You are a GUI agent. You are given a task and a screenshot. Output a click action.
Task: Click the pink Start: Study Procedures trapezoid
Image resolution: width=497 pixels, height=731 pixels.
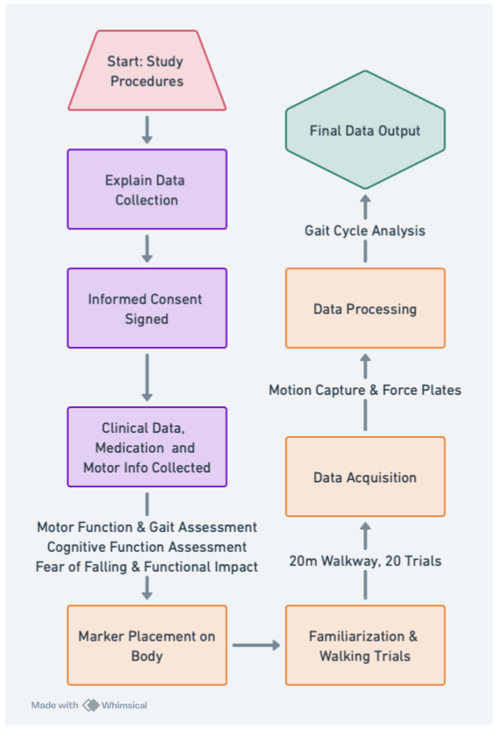point(147,71)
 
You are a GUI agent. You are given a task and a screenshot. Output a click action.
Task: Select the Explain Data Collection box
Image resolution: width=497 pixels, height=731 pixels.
point(147,189)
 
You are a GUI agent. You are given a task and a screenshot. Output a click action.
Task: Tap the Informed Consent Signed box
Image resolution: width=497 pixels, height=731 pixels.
point(147,308)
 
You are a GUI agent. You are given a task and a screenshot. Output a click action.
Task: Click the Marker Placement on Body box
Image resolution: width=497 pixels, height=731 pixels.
point(147,646)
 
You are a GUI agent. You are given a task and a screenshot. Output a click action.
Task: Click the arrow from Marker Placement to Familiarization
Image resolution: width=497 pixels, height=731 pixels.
point(256,646)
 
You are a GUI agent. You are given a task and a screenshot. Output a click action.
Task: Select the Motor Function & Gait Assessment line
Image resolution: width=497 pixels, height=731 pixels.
point(147,527)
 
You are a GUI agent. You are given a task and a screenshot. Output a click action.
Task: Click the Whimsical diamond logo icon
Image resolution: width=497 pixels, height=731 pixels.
point(91,705)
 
